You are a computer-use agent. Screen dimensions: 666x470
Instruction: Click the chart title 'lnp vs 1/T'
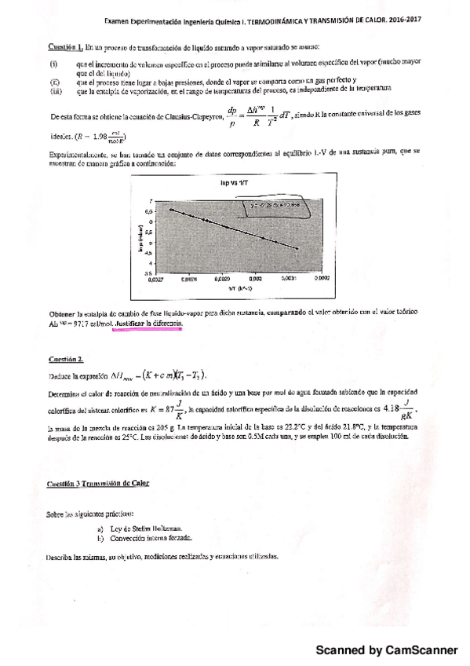click(x=228, y=182)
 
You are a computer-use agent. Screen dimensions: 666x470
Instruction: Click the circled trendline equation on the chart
click(x=275, y=207)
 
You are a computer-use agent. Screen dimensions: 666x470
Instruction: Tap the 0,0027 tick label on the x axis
click(x=157, y=279)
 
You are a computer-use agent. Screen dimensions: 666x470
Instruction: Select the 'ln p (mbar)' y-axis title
click(x=138, y=240)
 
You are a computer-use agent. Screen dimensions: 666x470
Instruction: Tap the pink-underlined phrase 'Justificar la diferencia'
click(x=148, y=323)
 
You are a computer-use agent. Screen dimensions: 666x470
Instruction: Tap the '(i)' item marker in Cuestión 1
click(x=53, y=60)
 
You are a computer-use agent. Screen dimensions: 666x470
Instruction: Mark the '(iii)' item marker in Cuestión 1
click(x=54, y=91)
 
